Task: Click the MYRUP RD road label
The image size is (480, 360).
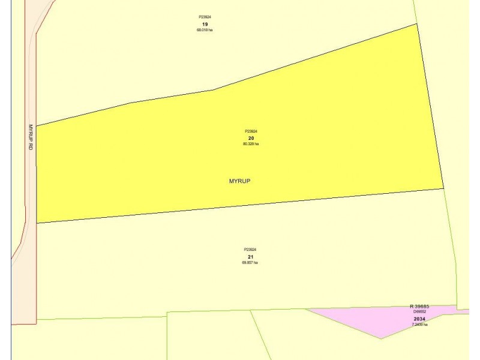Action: tap(31, 137)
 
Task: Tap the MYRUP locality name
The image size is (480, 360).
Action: tap(239, 181)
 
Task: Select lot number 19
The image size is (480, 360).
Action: tap(205, 24)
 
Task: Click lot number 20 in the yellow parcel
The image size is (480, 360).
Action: tap(251, 138)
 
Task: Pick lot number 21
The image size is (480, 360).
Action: tap(250, 256)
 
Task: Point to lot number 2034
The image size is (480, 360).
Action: tap(419, 319)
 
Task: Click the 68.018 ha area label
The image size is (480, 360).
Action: tap(205, 30)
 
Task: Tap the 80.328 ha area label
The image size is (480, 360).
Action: tap(251, 144)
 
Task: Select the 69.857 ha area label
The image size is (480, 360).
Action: tap(250, 262)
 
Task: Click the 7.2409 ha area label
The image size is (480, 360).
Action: tap(419, 325)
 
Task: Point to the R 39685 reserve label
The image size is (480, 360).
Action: tap(419, 307)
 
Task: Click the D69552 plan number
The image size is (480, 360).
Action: tap(419, 312)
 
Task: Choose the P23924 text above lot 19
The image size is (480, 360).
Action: tap(205, 17)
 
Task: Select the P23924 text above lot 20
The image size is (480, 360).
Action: tap(251, 131)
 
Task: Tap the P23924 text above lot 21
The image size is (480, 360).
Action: tap(250, 250)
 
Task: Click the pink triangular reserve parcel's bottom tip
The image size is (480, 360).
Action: tap(381, 338)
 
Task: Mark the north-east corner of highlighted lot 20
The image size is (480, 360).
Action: tap(416, 24)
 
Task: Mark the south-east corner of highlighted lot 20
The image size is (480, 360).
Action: tap(443, 188)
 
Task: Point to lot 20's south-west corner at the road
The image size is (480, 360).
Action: tap(37, 223)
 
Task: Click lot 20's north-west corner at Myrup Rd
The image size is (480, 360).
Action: tap(37, 126)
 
